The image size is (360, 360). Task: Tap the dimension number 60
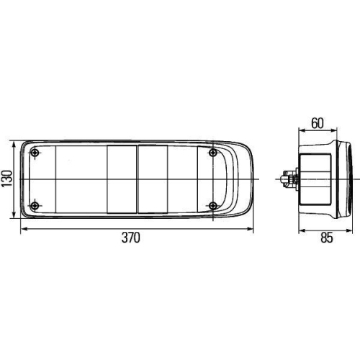317,122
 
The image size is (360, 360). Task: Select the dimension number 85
327,238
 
